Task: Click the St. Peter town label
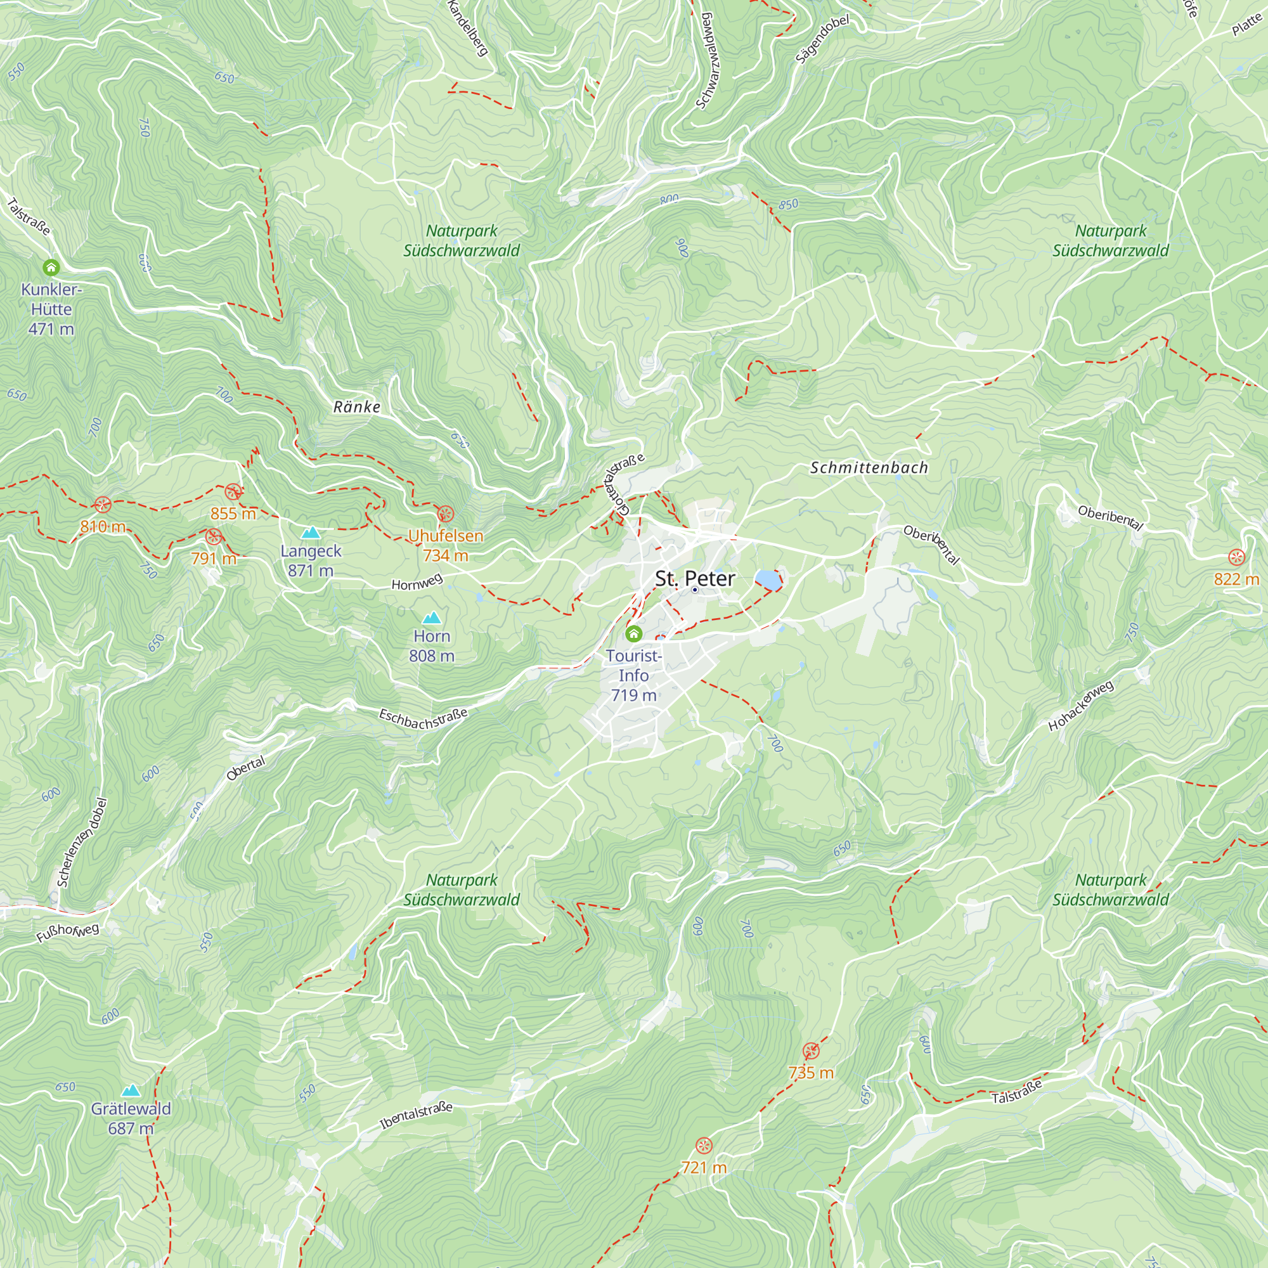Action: click(x=694, y=578)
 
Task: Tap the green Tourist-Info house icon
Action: click(x=633, y=633)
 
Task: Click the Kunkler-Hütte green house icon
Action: click(x=51, y=267)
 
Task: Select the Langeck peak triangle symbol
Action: click(x=311, y=533)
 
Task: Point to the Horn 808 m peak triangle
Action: click(x=431, y=618)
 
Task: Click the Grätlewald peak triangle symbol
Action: click(x=131, y=1090)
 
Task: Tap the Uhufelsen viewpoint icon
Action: click(x=445, y=514)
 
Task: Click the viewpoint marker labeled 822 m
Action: click(x=1236, y=557)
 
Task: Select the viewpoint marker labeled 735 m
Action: click(x=812, y=1051)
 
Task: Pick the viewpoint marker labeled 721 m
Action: click(x=704, y=1145)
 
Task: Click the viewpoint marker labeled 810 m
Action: click(x=102, y=504)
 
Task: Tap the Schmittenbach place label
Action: click(x=869, y=467)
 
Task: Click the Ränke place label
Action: click(x=356, y=407)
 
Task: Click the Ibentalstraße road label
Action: click(x=416, y=1116)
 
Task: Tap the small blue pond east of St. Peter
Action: click(x=767, y=579)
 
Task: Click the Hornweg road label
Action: click(x=417, y=581)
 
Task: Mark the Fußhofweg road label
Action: click(x=68, y=931)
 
